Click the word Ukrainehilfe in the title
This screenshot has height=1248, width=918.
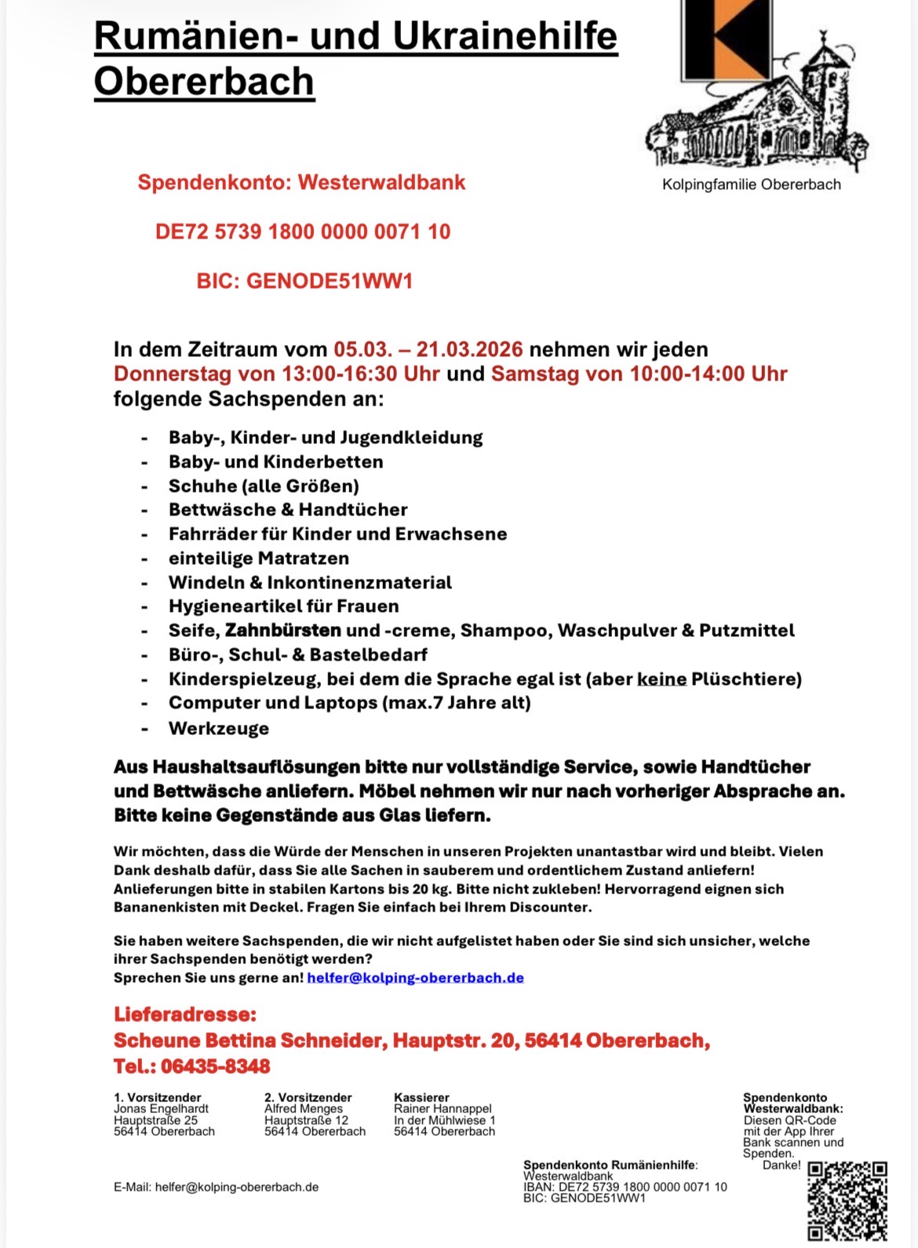505,36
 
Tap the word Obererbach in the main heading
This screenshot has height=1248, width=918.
204,82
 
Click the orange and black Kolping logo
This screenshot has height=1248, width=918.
726,39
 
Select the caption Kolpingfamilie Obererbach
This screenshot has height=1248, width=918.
751,184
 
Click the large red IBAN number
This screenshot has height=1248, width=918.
303,231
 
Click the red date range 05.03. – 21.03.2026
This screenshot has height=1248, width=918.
428,349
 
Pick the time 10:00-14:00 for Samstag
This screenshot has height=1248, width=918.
687,373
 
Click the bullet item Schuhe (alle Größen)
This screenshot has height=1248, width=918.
264,486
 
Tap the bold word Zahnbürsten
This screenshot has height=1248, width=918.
282,630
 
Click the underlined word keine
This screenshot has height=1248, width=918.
661,679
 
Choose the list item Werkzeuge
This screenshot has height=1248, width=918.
218,728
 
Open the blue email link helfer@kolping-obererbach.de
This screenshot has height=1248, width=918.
415,977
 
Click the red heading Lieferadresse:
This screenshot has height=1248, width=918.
185,1014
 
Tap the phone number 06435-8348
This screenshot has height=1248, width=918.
215,1066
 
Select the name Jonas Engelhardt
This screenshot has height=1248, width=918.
161,1108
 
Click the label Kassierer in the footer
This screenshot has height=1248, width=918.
421,1097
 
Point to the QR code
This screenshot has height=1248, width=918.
847,1201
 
